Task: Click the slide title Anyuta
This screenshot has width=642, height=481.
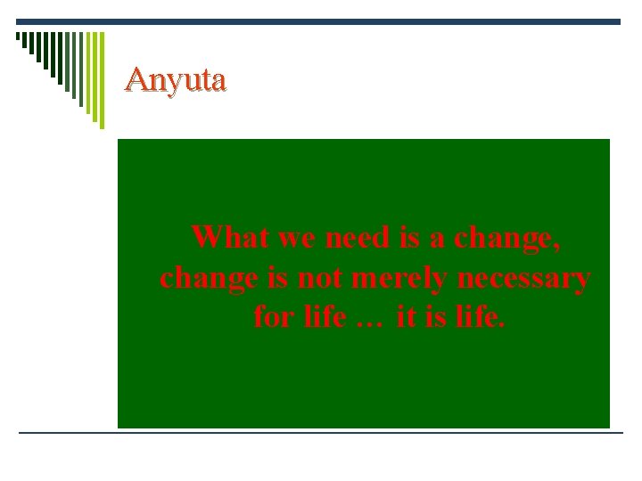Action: pyautogui.click(x=176, y=80)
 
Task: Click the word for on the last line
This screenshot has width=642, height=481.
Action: pyautogui.click(x=272, y=316)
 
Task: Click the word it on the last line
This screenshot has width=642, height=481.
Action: pyautogui.click(x=406, y=316)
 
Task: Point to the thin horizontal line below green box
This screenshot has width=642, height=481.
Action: pyautogui.click(x=321, y=433)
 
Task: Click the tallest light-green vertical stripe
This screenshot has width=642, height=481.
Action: pyautogui.click(x=101, y=80)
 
